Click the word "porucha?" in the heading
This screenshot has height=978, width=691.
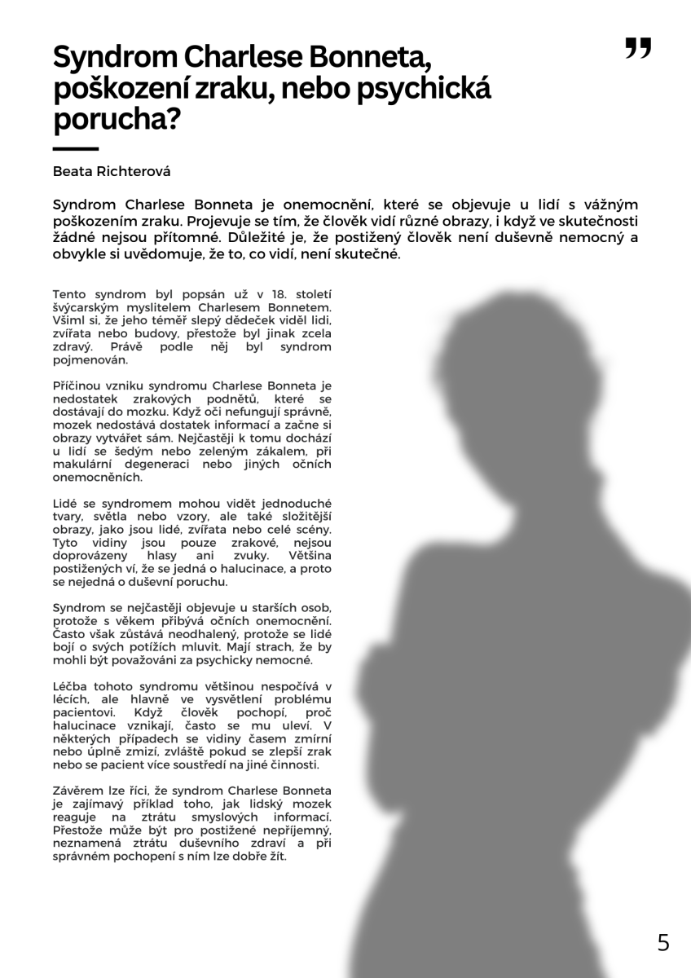[116, 121]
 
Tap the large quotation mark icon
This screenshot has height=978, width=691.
[638, 49]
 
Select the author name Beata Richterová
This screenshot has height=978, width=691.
[112, 172]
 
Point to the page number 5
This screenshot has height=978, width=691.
[663, 943]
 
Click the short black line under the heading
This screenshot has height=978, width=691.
[75, 149]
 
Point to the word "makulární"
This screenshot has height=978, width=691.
[82, 464]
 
